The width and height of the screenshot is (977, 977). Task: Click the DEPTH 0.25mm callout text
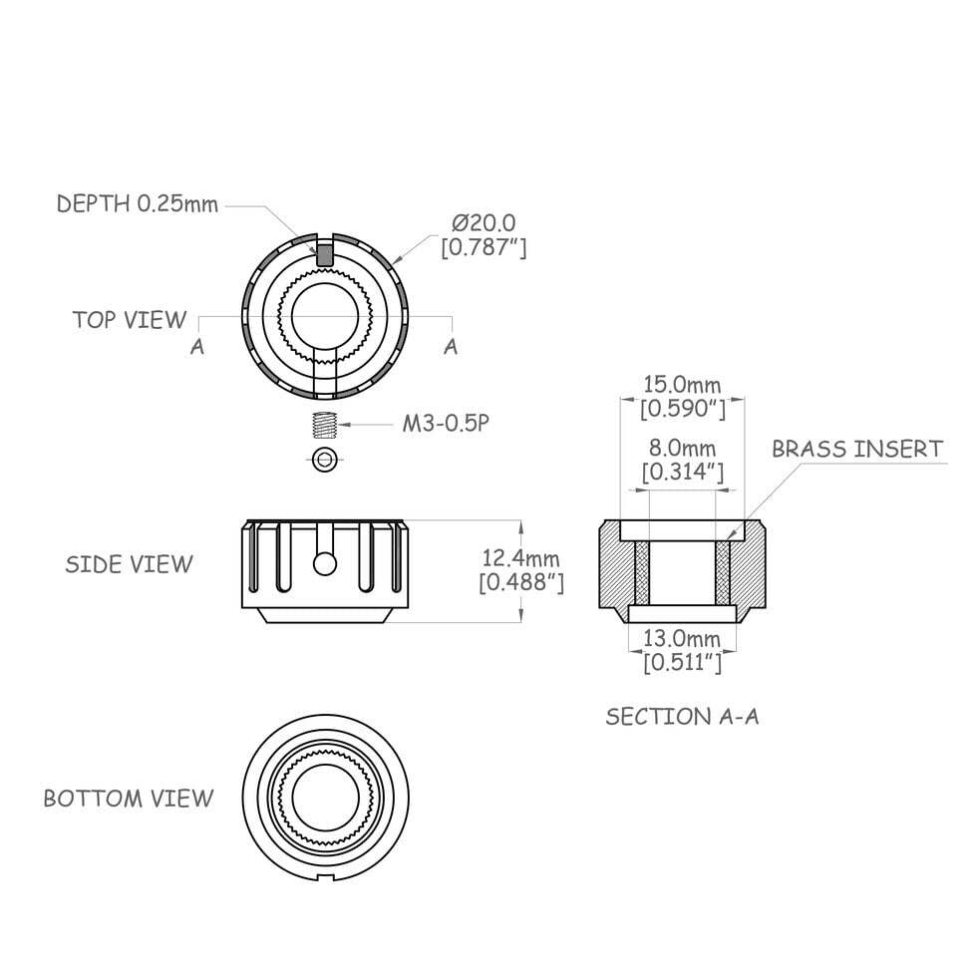(137, 204)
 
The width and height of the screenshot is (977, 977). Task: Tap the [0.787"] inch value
(484, 246)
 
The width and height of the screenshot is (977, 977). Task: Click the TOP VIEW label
(129, 320)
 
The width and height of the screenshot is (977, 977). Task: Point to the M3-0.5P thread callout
(446, 424)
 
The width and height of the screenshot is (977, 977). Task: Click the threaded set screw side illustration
(323, 425)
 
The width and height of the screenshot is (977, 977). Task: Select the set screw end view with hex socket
(323, 459)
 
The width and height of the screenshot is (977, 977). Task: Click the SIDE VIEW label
(129, 564)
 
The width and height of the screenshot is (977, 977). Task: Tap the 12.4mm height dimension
(519, 558)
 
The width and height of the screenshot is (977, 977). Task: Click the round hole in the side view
(323, 563)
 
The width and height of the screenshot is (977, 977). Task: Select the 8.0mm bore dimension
(682, 448)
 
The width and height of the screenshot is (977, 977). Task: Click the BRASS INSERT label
(856, 449)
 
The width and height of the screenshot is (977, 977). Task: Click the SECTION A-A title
(682, 716)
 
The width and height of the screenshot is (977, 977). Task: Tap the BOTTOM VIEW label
(128, 799)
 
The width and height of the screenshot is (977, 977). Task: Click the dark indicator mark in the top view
(324, 253)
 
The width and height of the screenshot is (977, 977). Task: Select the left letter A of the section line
(197, 346)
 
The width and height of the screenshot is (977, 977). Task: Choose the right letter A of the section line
(451, 346)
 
